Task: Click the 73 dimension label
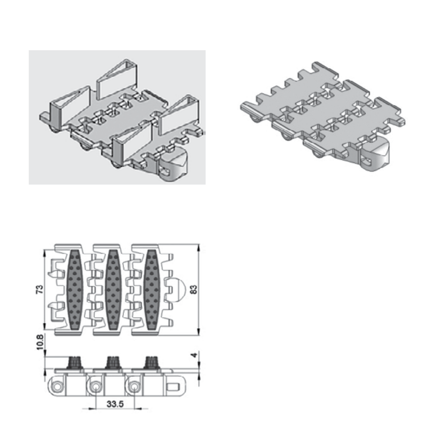pos(40,289)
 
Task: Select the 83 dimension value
pos(194,289)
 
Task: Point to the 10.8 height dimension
pos(40,342)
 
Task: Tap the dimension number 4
pos(194,355)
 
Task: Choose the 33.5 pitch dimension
pos(115,404)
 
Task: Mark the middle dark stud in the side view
pos(113,363)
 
